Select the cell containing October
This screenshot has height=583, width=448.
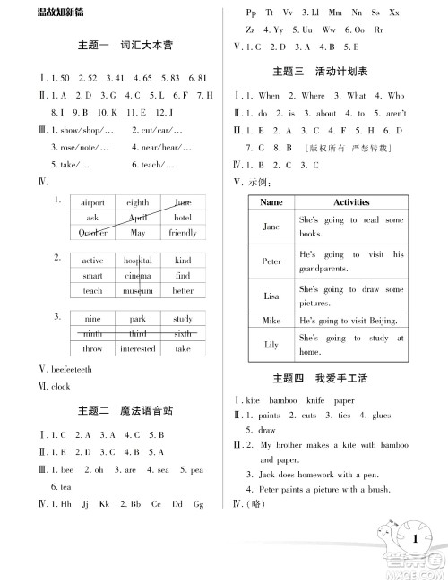[92, 233]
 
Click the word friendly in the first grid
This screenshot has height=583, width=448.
[183, 233]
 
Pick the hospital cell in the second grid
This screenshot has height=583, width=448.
[138, 261]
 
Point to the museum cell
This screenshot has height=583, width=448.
[138, 291]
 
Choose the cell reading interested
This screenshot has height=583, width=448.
[138, 349]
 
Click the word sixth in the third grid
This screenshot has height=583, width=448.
[183, 334]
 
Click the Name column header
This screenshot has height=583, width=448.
[271, 202]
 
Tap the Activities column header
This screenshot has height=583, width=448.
[351, 202]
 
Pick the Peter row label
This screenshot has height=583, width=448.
[271, 261]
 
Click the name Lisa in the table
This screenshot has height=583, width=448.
[271, 295]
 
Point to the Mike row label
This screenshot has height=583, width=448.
[271, 320]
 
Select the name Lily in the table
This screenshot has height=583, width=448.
[271, 344]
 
